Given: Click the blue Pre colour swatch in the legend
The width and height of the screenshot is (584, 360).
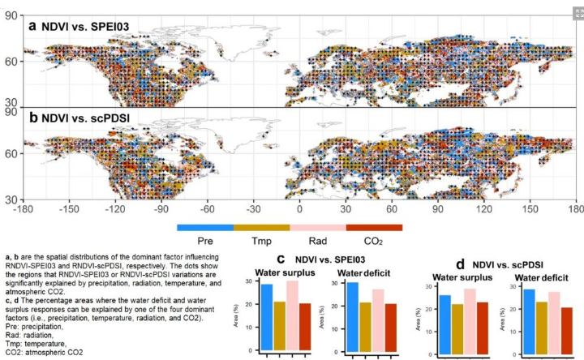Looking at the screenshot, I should click(204, 228).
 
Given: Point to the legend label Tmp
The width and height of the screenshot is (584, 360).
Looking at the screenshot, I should click(261, 241).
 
